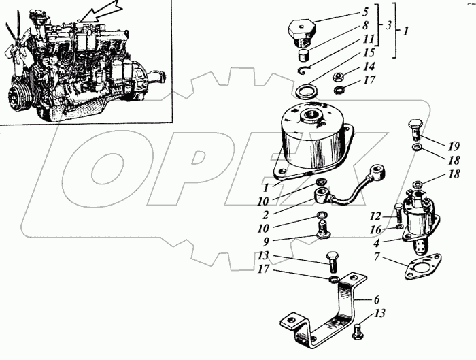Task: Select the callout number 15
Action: click(x=368, y=53)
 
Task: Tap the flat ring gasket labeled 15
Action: click(x=307, y=91)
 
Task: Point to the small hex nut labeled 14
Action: click(x=338, y=77)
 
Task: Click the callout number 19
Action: click(x=454, y=147)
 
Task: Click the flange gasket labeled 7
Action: click(x=423, y=267)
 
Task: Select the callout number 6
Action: click(x=377, y=299)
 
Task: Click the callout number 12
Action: click(x=375, y=216)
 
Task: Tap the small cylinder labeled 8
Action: click(x=303, y=55)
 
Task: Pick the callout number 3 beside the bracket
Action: click(x=389, y=25)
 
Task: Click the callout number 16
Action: click(x=375, y=229)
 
